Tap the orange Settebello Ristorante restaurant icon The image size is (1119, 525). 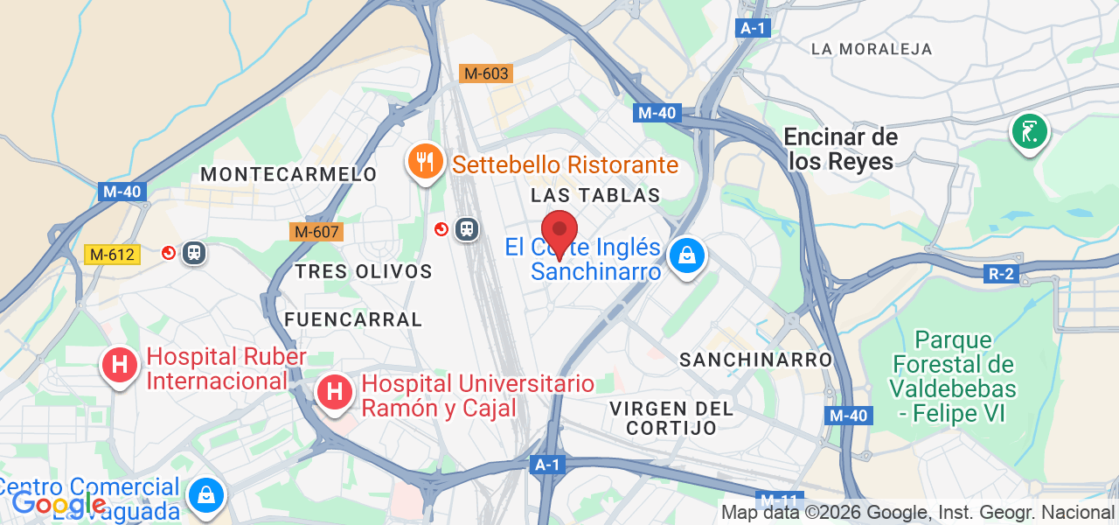tap(425, 161)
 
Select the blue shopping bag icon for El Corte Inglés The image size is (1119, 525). tap(687, 256)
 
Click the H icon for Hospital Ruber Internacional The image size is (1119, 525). tap(120, 366)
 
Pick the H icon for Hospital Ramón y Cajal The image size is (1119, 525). tap(334, 392)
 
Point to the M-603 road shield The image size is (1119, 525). tap(485, 73)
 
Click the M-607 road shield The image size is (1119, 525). tap(316, 232)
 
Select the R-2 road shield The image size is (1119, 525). tap(1001, 274)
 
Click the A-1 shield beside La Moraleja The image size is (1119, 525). tap(753, 28)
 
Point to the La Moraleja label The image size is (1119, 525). tap(872, 49)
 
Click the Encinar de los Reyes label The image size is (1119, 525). tap(841, 149)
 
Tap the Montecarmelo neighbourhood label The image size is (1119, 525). tap(288, 174)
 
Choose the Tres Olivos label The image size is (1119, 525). tap(364, 271)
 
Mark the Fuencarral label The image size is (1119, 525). tap(352, 319)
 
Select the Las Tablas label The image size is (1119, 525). tap(595, 194)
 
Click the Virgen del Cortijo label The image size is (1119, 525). tap(671, 417)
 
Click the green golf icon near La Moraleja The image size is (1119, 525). tap(1030, 132)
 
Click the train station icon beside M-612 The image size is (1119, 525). tap(194, 253)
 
